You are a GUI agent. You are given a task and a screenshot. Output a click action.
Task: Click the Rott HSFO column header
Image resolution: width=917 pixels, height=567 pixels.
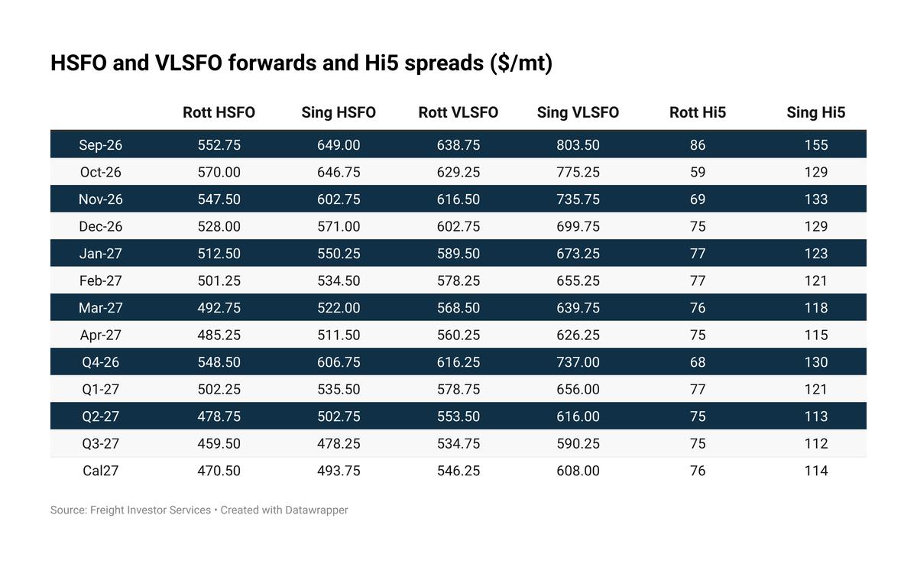(219, 112)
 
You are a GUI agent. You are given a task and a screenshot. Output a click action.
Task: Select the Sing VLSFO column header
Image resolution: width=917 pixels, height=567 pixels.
(578, 112)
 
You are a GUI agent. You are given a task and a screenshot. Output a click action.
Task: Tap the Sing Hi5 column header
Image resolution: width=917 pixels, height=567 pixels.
(816, 112)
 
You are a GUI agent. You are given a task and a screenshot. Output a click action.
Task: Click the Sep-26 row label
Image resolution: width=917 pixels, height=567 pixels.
(100, 144)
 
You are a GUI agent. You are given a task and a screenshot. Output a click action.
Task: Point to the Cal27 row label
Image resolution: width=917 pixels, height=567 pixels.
(100, 471)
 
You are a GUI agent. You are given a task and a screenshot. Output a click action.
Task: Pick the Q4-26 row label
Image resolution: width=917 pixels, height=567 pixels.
(100, 362)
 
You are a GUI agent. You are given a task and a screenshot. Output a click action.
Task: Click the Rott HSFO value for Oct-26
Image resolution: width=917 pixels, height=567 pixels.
(219, 172)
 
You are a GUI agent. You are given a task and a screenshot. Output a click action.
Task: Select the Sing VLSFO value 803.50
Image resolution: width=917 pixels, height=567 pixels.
(578, 144)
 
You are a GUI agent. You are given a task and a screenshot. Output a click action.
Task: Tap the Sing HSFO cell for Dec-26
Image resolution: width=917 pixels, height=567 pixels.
(339, 226)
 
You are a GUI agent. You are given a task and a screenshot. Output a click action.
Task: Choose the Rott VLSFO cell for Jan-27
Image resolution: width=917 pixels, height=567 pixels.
(458, 254)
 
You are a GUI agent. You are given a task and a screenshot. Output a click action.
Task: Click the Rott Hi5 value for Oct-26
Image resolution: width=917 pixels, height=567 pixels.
(698, 172)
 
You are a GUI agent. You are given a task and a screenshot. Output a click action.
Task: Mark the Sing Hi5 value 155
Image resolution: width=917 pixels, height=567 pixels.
(816, 144)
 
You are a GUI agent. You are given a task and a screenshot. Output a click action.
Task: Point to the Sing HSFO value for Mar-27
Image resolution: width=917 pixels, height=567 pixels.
(339, 307)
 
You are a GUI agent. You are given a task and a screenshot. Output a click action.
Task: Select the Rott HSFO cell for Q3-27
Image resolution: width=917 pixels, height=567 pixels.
(219, 443)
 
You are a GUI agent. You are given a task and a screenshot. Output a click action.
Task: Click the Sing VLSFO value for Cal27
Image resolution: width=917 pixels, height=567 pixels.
(578, 471)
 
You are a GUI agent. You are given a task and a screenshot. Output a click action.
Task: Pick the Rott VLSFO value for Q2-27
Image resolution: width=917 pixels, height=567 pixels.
(458, 416)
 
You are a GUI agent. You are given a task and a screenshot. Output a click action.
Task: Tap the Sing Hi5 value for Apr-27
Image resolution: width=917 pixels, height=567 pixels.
(816, 335)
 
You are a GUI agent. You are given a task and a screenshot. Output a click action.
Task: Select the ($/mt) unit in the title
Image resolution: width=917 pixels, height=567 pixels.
(521, 63)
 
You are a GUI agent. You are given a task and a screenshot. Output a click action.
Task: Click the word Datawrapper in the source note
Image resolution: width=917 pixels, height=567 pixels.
(316, 510)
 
